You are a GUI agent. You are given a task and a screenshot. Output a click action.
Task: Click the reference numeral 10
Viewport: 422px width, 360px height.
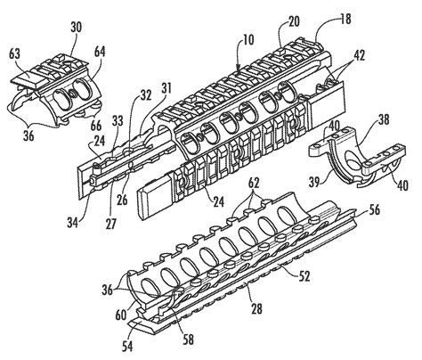[248, 40]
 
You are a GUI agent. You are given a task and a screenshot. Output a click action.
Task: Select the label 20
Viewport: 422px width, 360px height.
[293, 21]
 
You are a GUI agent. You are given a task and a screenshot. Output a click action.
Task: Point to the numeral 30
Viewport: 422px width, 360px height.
[77, 28]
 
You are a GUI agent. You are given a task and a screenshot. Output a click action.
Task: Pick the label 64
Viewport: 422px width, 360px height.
[100, 52]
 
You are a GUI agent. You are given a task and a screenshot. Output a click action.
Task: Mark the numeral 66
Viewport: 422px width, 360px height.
[94, 126]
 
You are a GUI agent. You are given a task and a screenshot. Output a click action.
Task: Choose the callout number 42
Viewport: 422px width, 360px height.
[358, 55]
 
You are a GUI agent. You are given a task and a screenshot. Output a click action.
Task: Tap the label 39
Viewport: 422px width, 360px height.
[315, 182]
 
